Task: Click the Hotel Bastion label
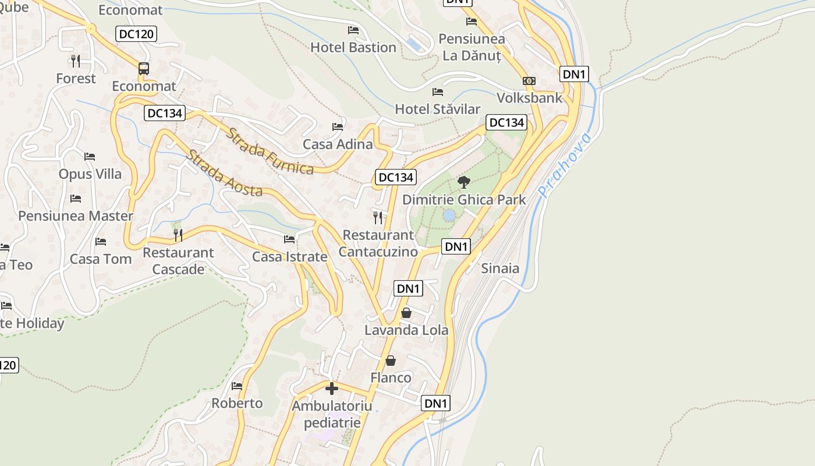[353, 47]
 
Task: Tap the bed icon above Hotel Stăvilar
[438, 92]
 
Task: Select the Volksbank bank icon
[529, 81]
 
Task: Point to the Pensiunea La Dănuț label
[472, 47]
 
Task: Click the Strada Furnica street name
[270, 151]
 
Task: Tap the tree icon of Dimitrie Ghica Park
[463, 182]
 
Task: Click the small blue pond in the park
[449, 216]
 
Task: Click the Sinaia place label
[500, 269]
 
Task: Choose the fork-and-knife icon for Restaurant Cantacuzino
[378, 218]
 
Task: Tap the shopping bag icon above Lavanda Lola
[406, 313]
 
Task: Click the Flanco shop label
[391, 377]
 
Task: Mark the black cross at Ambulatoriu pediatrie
[332, 389]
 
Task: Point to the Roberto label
[237, 403]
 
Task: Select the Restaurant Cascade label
[178, 261]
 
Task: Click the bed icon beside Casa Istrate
[289, 239]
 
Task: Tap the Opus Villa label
[90, 174]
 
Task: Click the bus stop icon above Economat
[144, 69]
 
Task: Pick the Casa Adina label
[338, 144]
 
